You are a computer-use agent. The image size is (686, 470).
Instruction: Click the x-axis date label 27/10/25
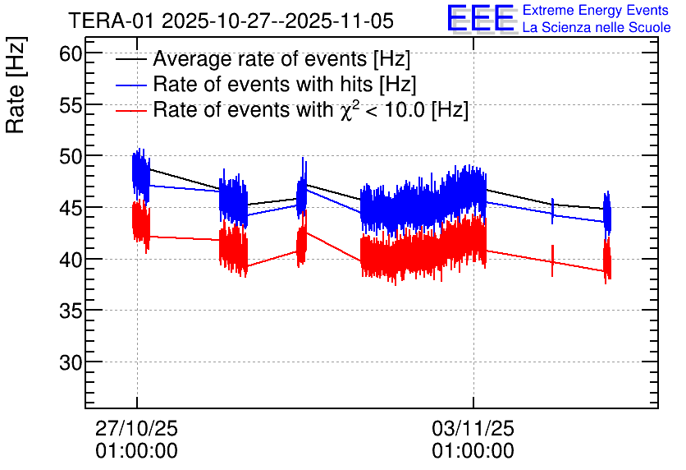click(136, 429)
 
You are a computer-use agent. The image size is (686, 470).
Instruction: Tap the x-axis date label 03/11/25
click(473, 429)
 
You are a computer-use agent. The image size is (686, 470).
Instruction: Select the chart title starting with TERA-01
click(231, 20)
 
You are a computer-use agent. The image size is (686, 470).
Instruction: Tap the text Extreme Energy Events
click(597, 11)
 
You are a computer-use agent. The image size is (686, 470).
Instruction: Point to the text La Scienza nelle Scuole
click(597, 28)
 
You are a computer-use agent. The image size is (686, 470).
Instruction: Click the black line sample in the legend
click(131, 60)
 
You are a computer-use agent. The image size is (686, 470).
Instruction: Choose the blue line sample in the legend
click(131, 85)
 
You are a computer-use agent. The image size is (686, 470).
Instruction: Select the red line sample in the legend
click(131, 110)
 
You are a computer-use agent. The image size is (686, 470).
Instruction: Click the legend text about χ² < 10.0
click(310, 110)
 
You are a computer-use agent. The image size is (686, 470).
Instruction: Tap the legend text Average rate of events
click(281, 60)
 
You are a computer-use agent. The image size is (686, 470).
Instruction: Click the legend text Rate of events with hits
click(284, 85)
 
